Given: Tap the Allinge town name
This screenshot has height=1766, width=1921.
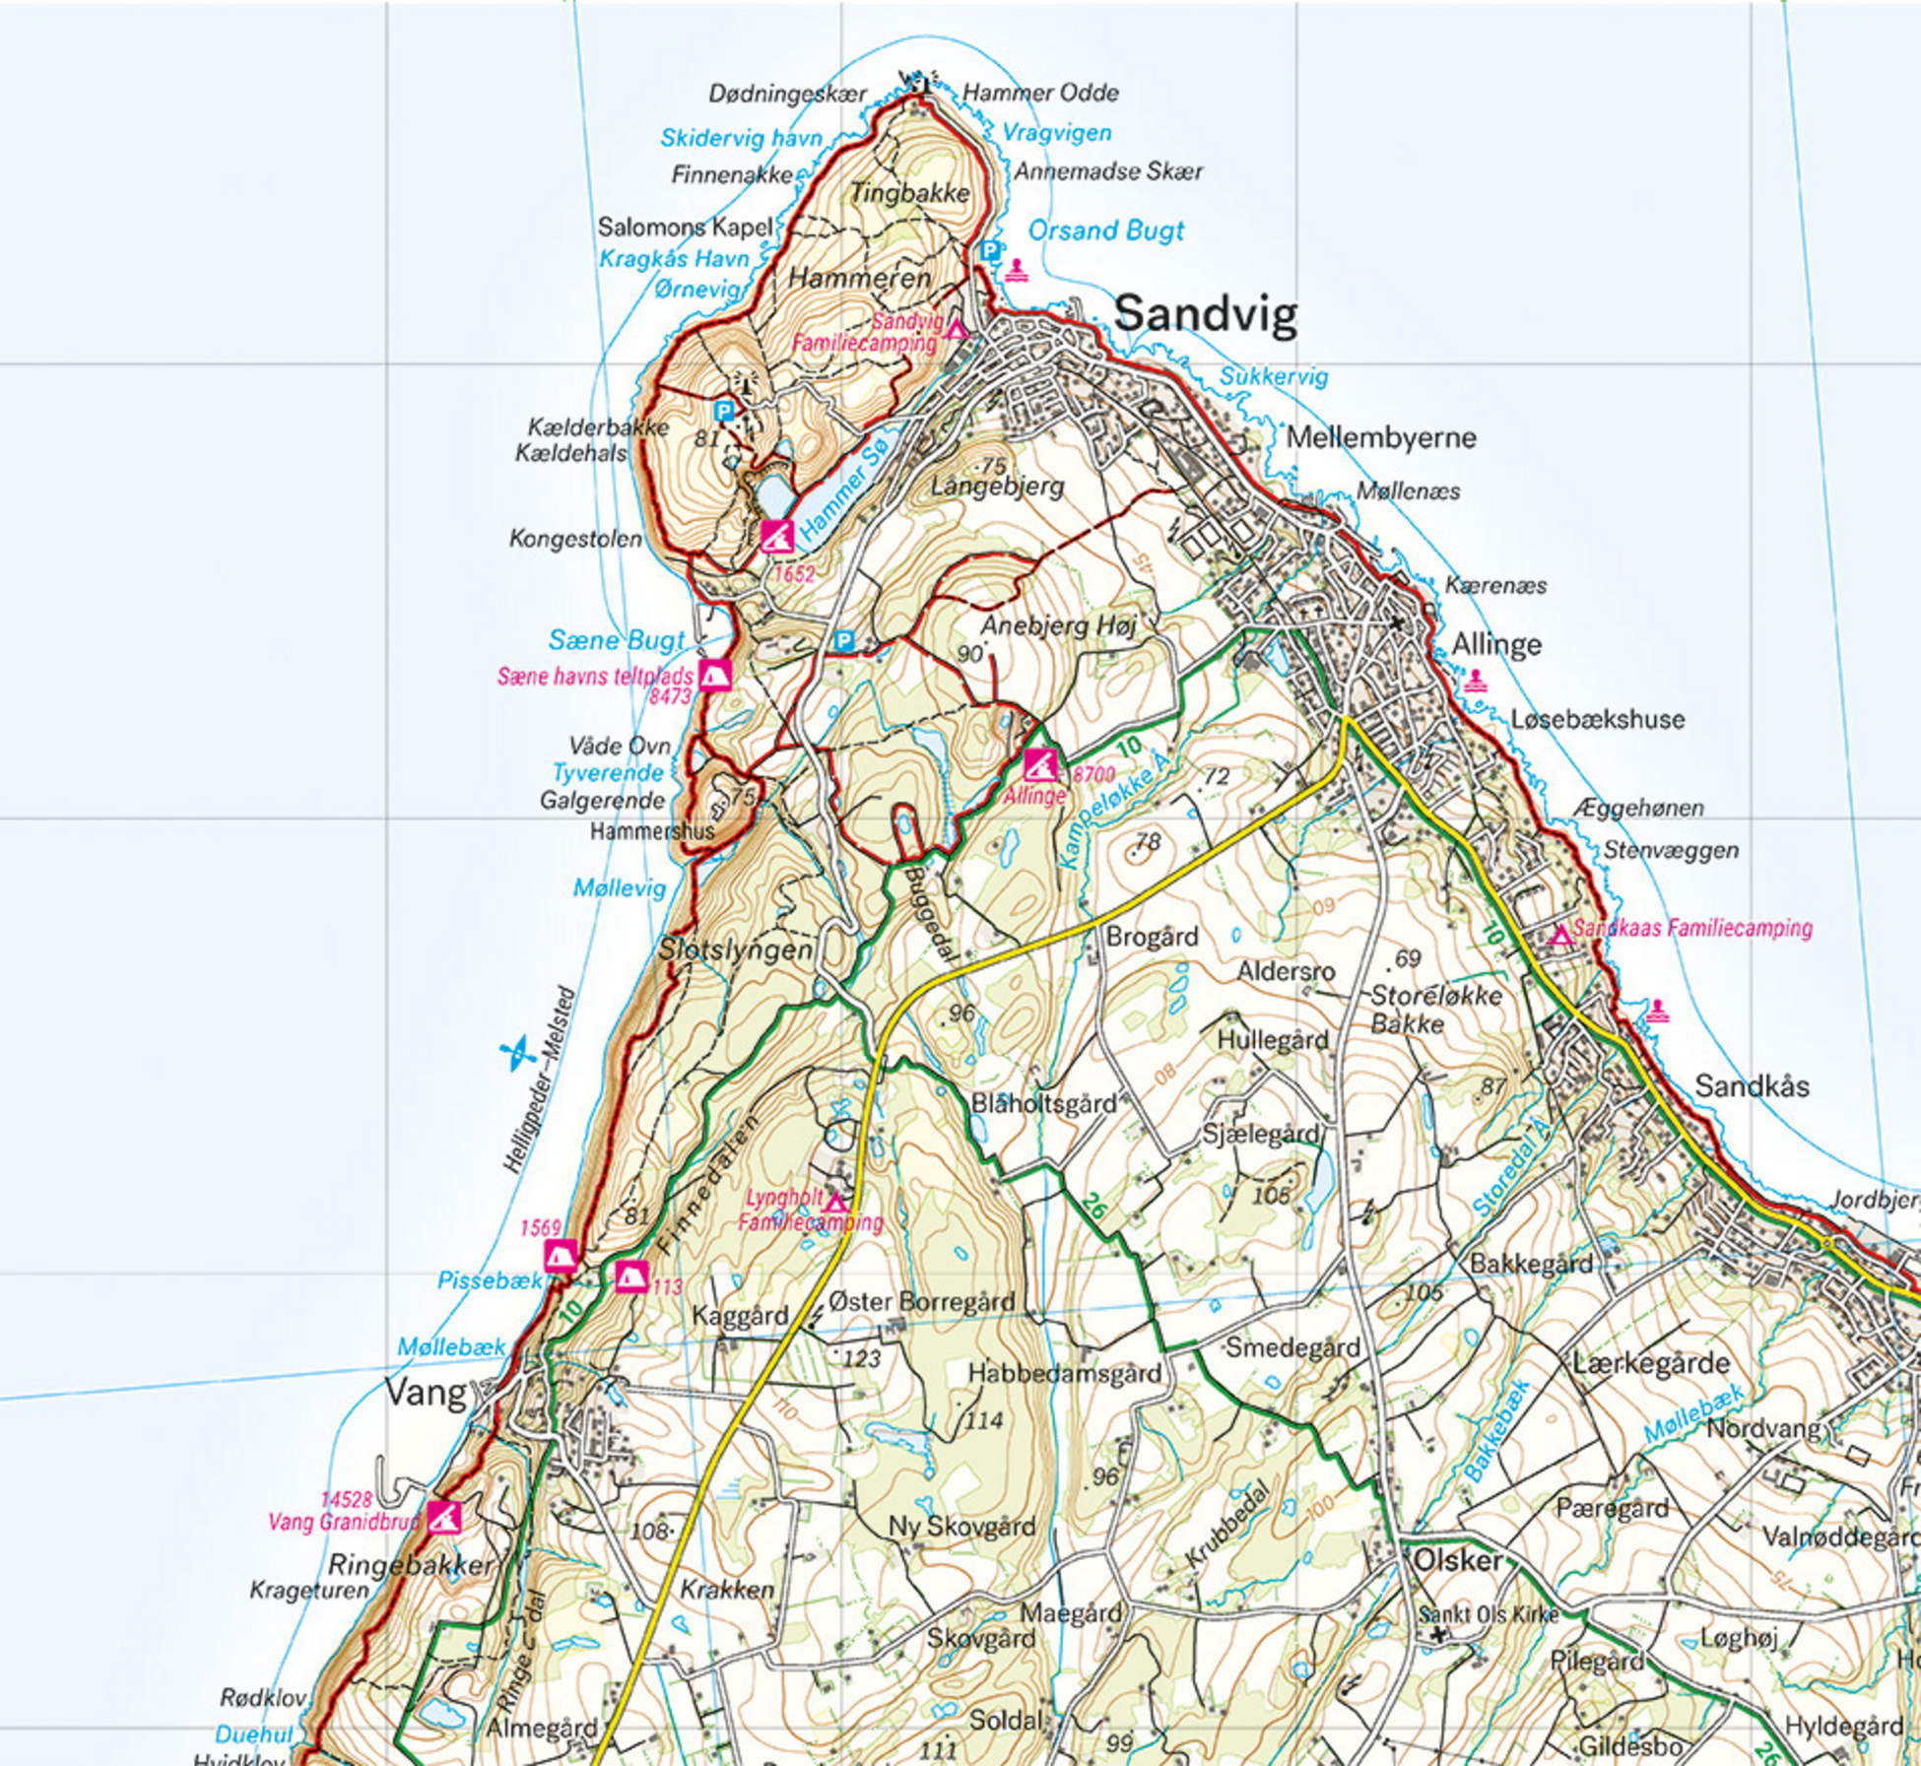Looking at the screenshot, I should click(x=1495, y=645).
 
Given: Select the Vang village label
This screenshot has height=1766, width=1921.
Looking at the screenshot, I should click(x=425, y=1393).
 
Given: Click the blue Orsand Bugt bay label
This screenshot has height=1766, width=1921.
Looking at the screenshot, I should click(x=1105, y=230).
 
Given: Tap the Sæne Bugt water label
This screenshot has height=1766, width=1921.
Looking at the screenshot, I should click(x=616, y=640).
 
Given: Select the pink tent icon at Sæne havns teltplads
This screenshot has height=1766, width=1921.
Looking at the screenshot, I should click(x=714, y=676).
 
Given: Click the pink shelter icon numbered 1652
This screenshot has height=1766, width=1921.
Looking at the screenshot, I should click(x=776, y=537).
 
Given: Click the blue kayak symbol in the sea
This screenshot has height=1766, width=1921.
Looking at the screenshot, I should click(x=516, y=1054).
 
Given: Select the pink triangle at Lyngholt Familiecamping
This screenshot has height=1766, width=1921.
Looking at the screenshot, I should click(x=835, y=1203).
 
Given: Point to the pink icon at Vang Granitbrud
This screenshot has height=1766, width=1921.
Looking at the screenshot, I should click(x=444, y=1518).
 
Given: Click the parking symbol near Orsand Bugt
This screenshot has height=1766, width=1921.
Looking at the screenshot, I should click(x=990, y=251).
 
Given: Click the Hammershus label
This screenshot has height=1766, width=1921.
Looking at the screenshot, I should click(x=651, y=831).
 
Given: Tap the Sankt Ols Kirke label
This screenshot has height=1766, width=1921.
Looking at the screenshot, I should click(x=1488, y=1614).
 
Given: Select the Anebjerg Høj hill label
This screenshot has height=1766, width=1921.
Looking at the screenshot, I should click(x=1058, y=625).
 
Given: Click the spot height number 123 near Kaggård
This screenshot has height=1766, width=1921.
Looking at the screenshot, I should click(x=861, y=1359).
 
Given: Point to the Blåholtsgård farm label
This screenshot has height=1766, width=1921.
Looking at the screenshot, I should click(x=1043, y=1103).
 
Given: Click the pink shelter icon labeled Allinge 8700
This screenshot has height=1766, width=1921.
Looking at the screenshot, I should click(x=1040, y=763).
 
